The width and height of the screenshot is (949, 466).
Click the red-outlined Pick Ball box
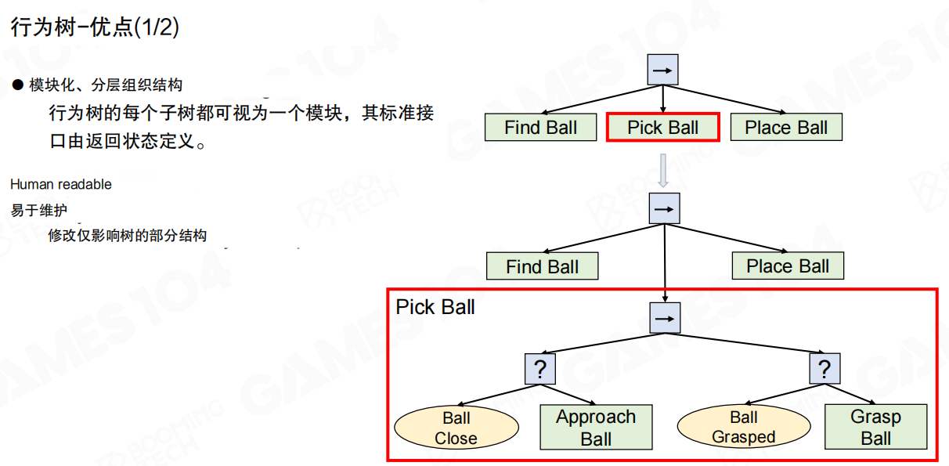[662, 128]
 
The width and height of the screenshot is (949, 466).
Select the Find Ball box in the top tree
[540, 128]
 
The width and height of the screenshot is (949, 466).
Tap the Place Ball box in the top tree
[786, 128]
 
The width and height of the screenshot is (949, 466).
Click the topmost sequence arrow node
[663, 70]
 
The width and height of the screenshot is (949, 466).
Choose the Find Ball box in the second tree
[542, 266]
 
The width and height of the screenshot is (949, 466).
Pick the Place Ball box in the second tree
[788, 266]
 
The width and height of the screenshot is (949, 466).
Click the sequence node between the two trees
[665, 208]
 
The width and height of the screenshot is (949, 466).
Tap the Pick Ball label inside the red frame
[435, 307]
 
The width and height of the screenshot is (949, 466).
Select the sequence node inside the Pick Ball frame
[665, 318]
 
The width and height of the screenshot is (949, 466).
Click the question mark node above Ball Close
[539, 368]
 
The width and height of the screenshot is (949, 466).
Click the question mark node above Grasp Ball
[824, 368]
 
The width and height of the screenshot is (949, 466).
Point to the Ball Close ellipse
[456, 428]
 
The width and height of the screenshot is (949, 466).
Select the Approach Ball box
[596, 428]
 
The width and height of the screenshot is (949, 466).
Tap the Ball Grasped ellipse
[743, 428]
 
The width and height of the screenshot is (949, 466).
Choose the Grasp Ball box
[875, 427]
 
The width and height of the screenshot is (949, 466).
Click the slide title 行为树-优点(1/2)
[95, 28]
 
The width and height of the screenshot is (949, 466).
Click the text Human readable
[61, 184]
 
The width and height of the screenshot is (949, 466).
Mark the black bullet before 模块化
[18, 85]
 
